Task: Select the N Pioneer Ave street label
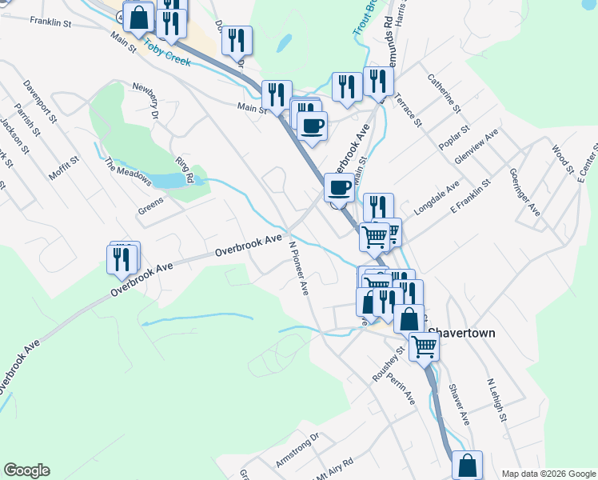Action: [299, 269]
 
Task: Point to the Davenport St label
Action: [40, 99]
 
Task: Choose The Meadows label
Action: [128, 170]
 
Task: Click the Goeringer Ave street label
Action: [524, 192]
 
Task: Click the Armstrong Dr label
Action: [297, 450]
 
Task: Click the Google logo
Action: [26, 470]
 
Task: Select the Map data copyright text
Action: [548, 474]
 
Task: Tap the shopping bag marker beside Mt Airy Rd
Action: [467, 465]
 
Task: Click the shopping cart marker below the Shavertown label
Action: [424, 346]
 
